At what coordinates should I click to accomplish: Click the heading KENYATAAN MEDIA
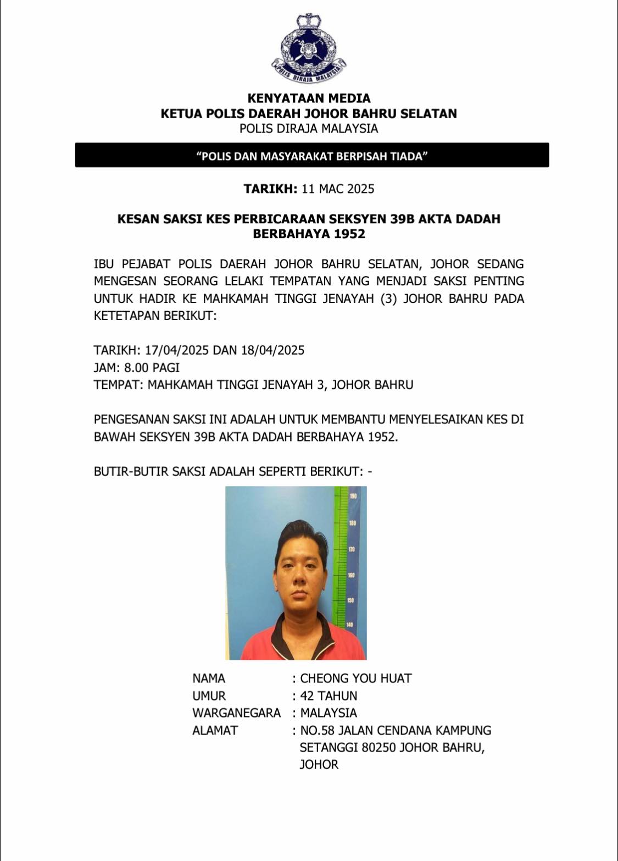(x=309, y=98)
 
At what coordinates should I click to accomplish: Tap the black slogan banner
(x=312, y=156)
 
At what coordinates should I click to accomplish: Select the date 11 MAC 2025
(x=338, y=189)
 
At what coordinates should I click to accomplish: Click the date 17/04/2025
(x=176, y=350)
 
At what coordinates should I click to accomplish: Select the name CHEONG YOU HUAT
(x=355, y=678)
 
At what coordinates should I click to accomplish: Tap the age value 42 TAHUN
(x=329, y=696)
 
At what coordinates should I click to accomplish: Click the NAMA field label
(x=209, y=678)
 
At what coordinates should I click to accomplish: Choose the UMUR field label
(x=209, y=696)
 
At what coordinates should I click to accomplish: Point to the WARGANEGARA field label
(x=236, y=713)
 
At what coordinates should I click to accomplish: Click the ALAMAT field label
(x=215, y=730)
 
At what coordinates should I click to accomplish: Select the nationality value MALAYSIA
(x=329, y=713)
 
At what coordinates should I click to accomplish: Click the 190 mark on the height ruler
(x=353, y=496)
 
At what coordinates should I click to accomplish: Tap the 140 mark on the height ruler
(x=350, y=625)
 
